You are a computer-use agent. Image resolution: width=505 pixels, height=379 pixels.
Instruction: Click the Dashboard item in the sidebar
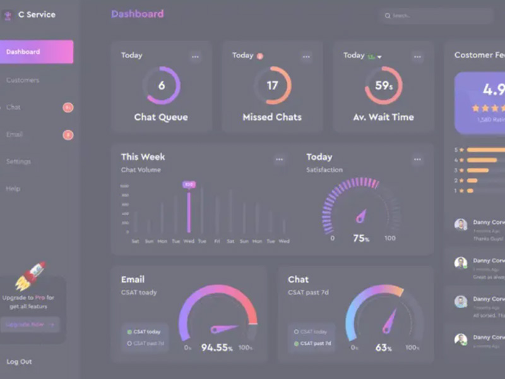pos(37,52)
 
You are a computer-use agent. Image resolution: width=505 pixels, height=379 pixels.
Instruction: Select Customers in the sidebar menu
pos(23,80)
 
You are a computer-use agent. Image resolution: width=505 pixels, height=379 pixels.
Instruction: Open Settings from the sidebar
pos(18,162)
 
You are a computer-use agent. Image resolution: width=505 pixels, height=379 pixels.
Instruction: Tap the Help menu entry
pos(13,189)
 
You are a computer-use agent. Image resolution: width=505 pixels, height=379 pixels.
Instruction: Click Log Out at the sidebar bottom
pos(19,362)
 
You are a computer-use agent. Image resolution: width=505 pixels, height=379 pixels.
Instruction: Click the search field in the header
pos(436,16)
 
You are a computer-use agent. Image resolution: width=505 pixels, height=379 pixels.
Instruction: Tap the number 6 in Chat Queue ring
pos(161,85)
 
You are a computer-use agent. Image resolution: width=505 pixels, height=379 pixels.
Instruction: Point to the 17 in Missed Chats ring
pos(272,85)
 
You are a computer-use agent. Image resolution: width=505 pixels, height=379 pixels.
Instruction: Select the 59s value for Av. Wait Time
pos(384,85)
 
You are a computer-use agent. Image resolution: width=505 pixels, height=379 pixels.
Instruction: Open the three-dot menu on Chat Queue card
pos(196,57)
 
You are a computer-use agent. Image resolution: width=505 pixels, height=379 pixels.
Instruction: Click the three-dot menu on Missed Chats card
pos(306,57)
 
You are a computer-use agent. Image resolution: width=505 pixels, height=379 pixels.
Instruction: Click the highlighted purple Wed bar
pos(189,212)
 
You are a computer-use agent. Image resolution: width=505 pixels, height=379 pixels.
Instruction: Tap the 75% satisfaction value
pos(361,239)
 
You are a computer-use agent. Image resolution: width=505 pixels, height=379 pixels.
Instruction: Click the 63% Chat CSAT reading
pos(384,347)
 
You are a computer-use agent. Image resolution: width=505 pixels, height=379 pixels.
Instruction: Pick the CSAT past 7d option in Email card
pos(146,344)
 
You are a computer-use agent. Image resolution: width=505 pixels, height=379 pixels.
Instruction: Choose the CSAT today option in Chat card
pos(312,332)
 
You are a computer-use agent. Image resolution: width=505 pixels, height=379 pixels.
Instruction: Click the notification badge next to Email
pos(68,135)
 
